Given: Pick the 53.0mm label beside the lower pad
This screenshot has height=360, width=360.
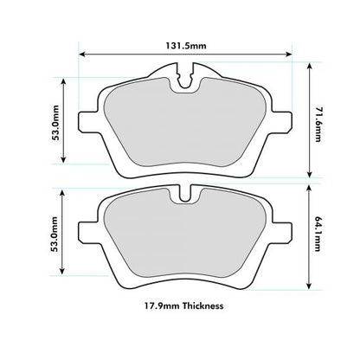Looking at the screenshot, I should (55, 235).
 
